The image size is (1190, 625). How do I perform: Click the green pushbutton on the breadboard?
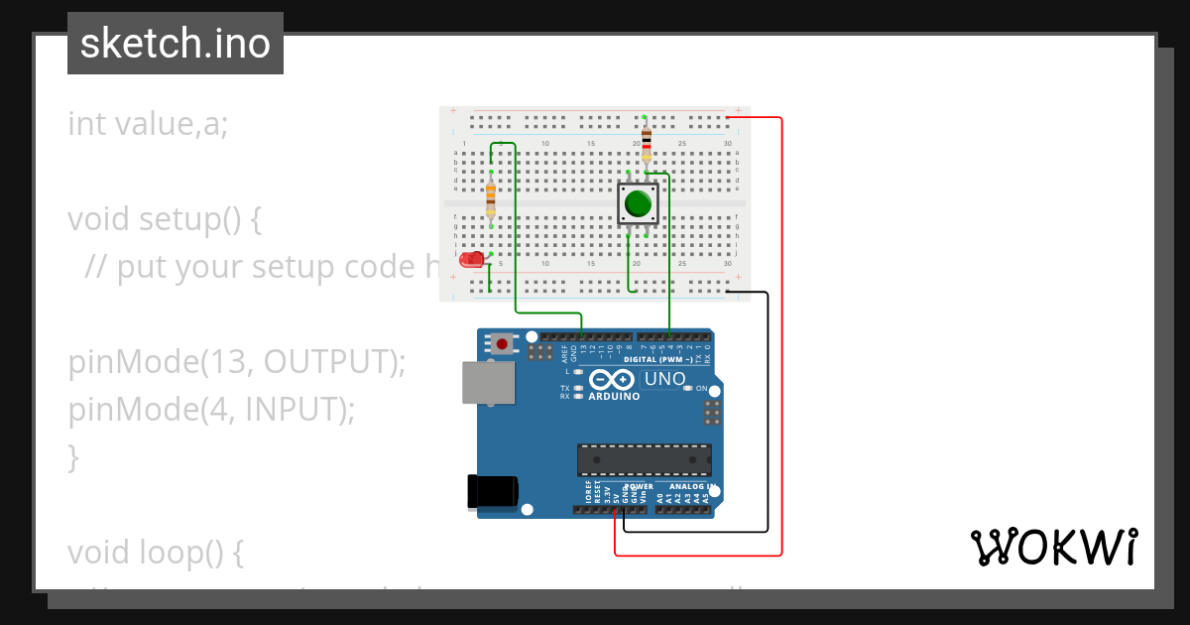tap(637, 203)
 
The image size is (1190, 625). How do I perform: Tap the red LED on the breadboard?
tap(472, 260)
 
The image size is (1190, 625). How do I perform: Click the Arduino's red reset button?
tap(504, 344)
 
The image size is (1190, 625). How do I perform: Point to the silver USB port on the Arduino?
tap(488, 383)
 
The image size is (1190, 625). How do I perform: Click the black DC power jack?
tap(493, 492)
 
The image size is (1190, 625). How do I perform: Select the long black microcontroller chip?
tap(645, 460)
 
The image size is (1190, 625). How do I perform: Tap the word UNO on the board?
tap(665, 379)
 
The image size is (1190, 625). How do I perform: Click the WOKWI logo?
tap(1053, 547)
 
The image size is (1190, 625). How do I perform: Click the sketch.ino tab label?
tap(176, 44)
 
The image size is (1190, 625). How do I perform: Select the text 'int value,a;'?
tap(148, 124)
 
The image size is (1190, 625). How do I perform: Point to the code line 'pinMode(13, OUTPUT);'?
tap(237, 362)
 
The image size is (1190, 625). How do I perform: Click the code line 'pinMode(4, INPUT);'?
tap(211, 409)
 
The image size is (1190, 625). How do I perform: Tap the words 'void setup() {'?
tap(165, 218)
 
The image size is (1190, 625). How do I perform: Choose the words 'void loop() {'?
tap(156, 553)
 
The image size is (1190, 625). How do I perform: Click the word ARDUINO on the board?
tap(614, 396)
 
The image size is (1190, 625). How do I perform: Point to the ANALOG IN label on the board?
tap(691, 487)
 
